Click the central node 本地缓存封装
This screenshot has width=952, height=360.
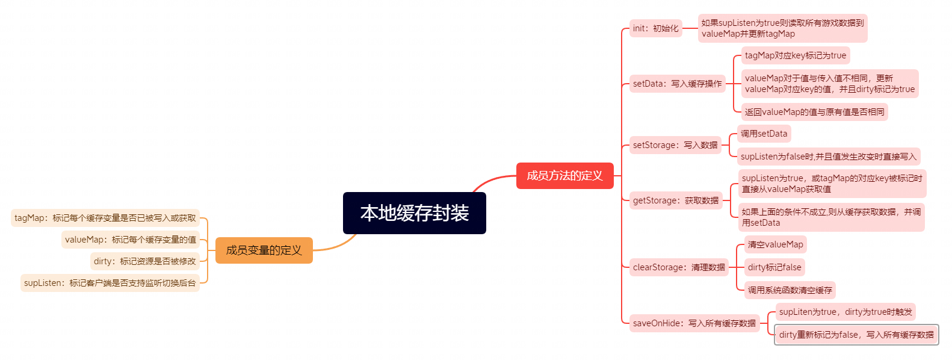414,213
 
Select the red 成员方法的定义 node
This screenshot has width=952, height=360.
564,176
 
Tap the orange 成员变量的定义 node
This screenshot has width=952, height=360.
264,250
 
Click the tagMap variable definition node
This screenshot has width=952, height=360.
105,218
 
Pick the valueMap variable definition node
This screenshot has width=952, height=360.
131,240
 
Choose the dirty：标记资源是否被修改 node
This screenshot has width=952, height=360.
145,261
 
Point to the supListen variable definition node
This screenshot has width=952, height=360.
110,283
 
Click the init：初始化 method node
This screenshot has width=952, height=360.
655,28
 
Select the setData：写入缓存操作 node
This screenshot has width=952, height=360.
677,84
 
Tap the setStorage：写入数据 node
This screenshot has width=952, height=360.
675,145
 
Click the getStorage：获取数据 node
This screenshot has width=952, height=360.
676,200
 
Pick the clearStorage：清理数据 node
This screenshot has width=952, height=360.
679,267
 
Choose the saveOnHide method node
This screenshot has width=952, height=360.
694,323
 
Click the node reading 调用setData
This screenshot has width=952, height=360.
764,134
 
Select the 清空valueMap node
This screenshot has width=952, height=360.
775,244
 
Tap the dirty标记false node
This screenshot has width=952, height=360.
774,267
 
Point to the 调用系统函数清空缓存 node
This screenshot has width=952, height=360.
790,290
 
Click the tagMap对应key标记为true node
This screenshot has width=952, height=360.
795,55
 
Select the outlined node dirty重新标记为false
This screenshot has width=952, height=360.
856,335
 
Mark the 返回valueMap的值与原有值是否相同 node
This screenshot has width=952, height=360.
814,112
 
